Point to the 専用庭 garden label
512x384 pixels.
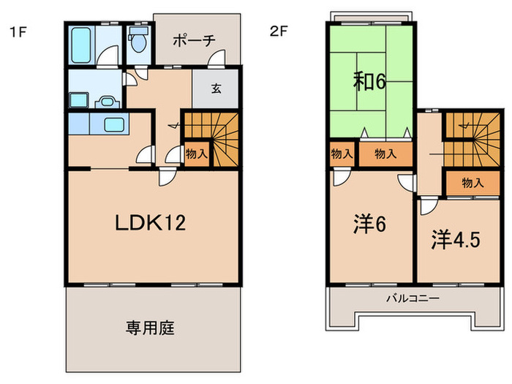pyautogui.click(x=153, y=328)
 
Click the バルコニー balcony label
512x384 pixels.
pyautogui.click(x=413, y=298)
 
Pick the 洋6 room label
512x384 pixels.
pyautogui.click(x=370, y=222)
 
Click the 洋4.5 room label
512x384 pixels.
pyautogui.click(x=455, y=240)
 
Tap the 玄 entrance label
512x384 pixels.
pyautogui.click(x=217, y=89)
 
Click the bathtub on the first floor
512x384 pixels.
pyautogui.click(x=80, y=45)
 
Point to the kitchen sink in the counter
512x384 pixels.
pyautogui.click(x=113, y=124)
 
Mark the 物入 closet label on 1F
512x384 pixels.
pyautogui.click(x=195, y=154)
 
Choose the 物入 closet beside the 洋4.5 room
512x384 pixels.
pyautogui.click(x=473, y=183)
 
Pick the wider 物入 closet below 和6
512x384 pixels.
pyautogui.click(x=385, y=154)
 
